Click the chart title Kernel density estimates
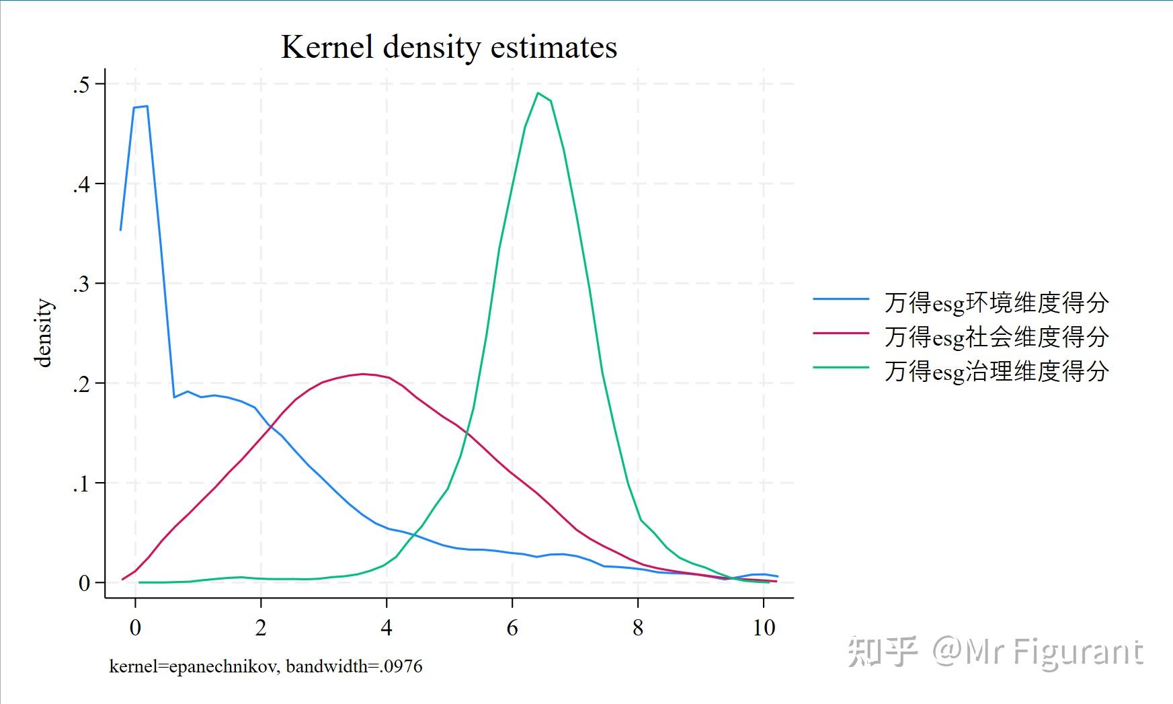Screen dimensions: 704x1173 click(x=448, y=47)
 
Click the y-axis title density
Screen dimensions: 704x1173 click(x=43, y=333)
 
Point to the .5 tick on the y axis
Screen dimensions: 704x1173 click(x=81, y=85)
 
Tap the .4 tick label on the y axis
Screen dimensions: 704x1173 click(x=81, y=184)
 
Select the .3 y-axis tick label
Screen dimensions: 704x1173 click(x=81, y=284)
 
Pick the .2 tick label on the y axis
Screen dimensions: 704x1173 click(x=81, y=384)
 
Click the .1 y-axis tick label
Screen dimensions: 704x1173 click(x=81, y=483)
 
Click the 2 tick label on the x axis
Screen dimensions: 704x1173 click(x=261, y=628)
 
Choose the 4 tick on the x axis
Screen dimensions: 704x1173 click(x=387, y=628)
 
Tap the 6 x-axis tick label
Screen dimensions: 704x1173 click(x=512, y=628)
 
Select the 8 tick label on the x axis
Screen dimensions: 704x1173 click(x=638, y=628)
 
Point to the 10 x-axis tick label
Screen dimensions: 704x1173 click(x=764, y=628)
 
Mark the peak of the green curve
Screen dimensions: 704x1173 click(x=538, y=93)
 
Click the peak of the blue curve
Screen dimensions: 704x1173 click(x=147, y=106)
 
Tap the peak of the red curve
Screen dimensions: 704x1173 click(x=363, y=374)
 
